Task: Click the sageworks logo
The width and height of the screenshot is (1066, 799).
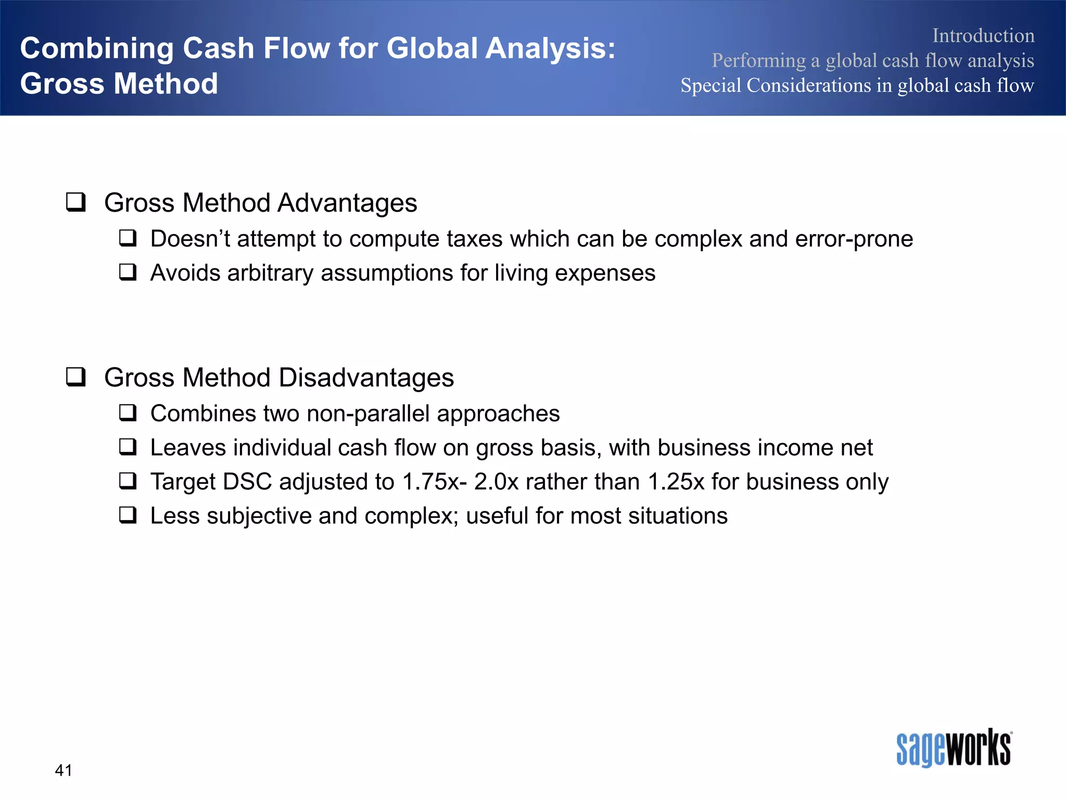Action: click(x=954, y=748)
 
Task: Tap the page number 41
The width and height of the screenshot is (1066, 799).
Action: click(x=64, y=770)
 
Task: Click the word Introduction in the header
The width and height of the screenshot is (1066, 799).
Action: click(x=983, y=35)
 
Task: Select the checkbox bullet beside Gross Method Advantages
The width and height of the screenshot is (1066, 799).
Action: click(x=76, y=202)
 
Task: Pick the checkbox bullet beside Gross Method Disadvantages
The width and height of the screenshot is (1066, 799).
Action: click(x=76, y=377)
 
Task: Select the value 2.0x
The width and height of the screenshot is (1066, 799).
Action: click(x=497, y=482)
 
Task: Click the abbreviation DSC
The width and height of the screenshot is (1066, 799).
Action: click(x=247, y=482)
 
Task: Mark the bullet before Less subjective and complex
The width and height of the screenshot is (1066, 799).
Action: click(x=128, y=515)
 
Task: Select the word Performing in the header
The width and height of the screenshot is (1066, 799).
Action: click(x=758, y=60)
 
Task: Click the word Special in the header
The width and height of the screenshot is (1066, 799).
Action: click(x=710, y=85)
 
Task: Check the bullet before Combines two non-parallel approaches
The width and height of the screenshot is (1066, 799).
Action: click(x=128, y=413)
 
